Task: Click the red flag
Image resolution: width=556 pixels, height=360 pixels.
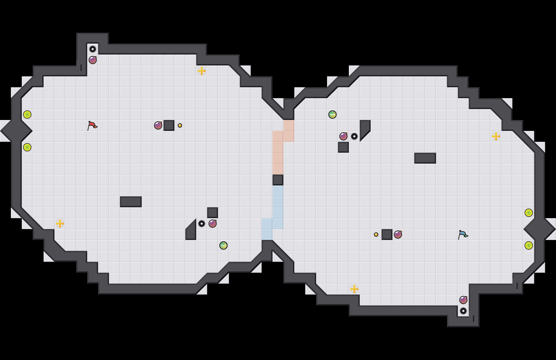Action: pyautogui.click(x=92, y=125)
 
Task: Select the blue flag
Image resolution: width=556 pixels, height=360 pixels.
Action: pyautogui.click(x=463, y=235)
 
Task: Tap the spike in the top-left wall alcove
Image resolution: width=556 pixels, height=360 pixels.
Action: pyautogui.click(x=93, y=49)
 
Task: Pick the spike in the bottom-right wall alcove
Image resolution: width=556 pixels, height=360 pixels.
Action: pyautogui.click(x=463, y=311)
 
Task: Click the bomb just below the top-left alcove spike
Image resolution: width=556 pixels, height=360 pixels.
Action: pyautogui.click(x=93, y=60)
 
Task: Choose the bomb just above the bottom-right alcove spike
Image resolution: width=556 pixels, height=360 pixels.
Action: pyautogui.click(x=463, y=300)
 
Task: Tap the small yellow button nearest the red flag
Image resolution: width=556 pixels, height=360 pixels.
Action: pyautogui.click(x=180, y=125)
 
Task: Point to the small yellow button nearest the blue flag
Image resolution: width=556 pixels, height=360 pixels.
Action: pyautogui.click(x=376, y=235)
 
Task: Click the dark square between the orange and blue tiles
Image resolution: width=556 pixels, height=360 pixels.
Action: pyautogui.click(x=278, y=180)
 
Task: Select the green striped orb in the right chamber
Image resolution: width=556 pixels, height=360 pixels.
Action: pyautogui.click(x=333, y=115)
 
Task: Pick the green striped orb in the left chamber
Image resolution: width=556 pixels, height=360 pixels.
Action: pyautogui.click(x=223, y=245)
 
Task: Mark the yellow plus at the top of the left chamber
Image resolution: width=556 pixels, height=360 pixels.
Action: pyautogui.click(x=202, y=71)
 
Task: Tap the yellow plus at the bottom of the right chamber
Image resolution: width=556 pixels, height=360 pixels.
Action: pyautogui.click(x=354, y=289)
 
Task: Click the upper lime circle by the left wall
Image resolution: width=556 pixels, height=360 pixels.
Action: pyautogui.click(x=27, y=115)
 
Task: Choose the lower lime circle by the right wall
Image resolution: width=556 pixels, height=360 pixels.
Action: pyautogui.click(x=529, y=245)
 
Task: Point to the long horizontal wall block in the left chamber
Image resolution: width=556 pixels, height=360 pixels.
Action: pyautogui.click(x=131, y=202)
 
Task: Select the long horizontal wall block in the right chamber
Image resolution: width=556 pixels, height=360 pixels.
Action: pyautogui.click(x=425, y=158)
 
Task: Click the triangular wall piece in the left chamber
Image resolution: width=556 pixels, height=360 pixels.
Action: pyautogui.click(x=192, y=232)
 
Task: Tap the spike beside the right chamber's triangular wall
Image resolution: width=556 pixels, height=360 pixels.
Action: pyautogui.click(x=354, y=136)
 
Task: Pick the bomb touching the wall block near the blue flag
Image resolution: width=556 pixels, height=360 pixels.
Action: pyautogui.click(x=398, y=235)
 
